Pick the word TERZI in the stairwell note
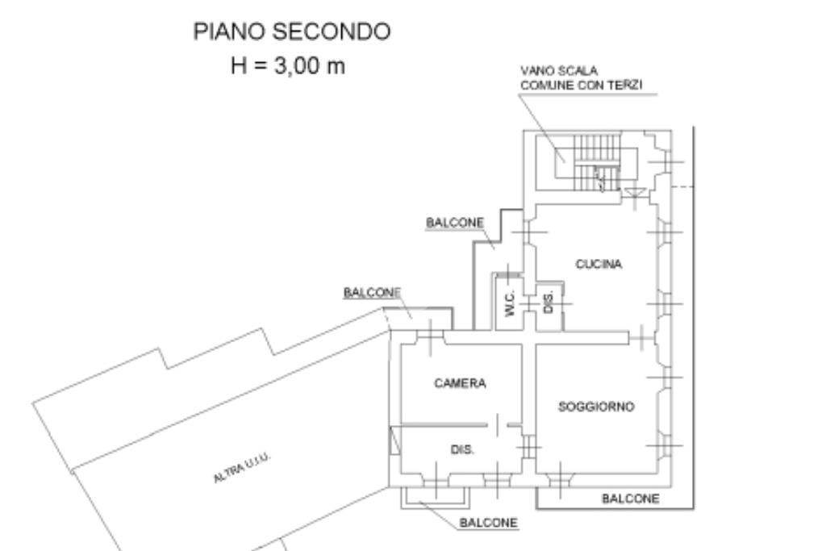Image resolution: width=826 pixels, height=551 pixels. coord(626,84)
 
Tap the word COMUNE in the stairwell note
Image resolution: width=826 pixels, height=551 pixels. coord(544,84)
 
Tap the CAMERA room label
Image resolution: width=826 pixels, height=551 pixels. coord(460,384)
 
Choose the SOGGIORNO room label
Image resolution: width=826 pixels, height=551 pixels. coord(597,407)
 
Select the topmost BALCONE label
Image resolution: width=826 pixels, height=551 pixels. coord(454,222)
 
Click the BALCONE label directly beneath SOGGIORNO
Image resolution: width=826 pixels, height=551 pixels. coord(630,499)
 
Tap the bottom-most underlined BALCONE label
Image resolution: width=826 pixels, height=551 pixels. coord(488,523)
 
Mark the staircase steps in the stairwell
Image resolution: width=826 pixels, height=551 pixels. coord(596,166)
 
